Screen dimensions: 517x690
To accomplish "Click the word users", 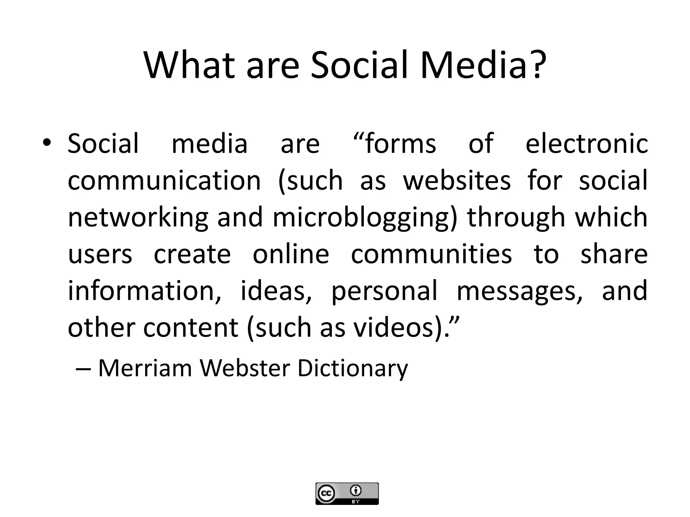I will pyautogui.click(x=100, y=254).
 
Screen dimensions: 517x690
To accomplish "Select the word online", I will pyautogui.click(x=291, y=254).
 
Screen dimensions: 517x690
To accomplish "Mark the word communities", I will pyautogui.click(x=432, y=254).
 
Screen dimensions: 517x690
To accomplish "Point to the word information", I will pyautogui.click(x=145, y=290).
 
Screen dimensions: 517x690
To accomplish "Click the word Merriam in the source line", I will pyautogui.click(x=145, y=368).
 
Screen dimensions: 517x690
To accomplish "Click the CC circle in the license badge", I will pyautogui.click(x=326, y=493).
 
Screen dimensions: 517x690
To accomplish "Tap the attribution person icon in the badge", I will pyautogui.click(x=356, y=491).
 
